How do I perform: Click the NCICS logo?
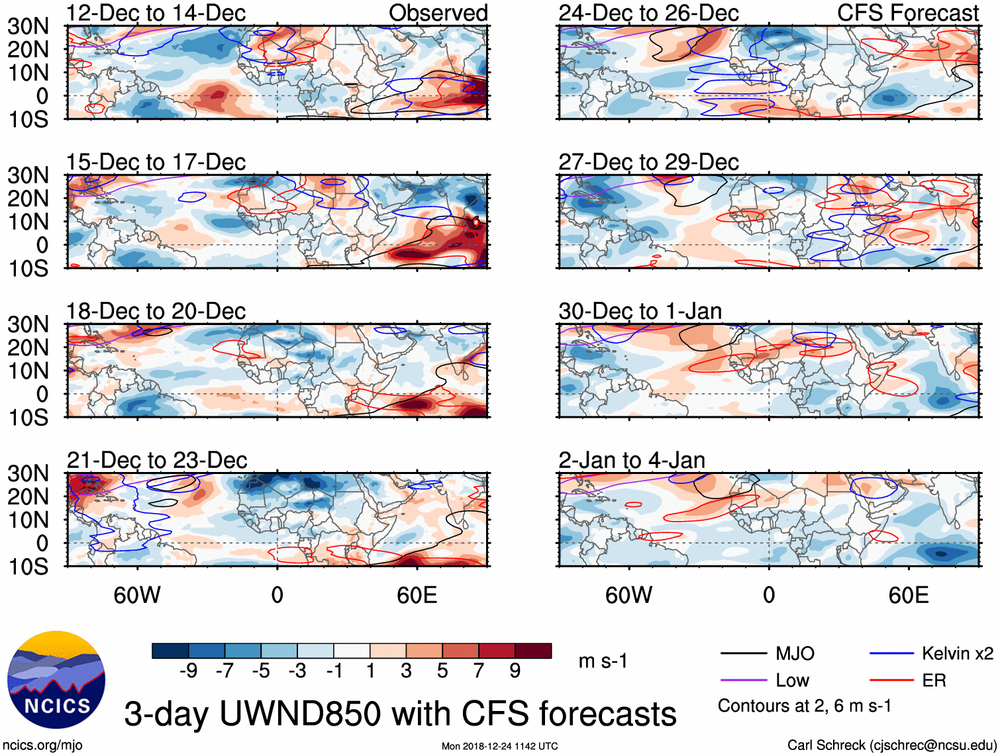(56, 680)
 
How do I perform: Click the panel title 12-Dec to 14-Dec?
(156, 13)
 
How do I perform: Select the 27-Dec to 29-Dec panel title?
(648, 162)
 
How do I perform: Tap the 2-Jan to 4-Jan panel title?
(631, 460)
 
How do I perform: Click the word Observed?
(438, 13)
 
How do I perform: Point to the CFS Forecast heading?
(907, 13)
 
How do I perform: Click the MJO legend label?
(795, 654)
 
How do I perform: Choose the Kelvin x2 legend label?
(957, 654)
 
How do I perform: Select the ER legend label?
(934, 681)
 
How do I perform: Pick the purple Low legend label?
(792, 681)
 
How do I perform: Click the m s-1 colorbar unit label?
(603, 661)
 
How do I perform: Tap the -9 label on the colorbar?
(189, 671)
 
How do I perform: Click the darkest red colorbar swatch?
(533, 651)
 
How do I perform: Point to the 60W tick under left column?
(137, 595)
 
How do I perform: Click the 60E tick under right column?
(908, 595)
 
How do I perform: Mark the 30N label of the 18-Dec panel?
(28, 324)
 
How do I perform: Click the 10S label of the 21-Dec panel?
(28, 567)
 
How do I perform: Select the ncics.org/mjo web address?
(42, 745)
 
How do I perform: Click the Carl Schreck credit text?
(891, 745)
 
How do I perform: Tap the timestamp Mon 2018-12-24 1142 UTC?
(499, 746)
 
